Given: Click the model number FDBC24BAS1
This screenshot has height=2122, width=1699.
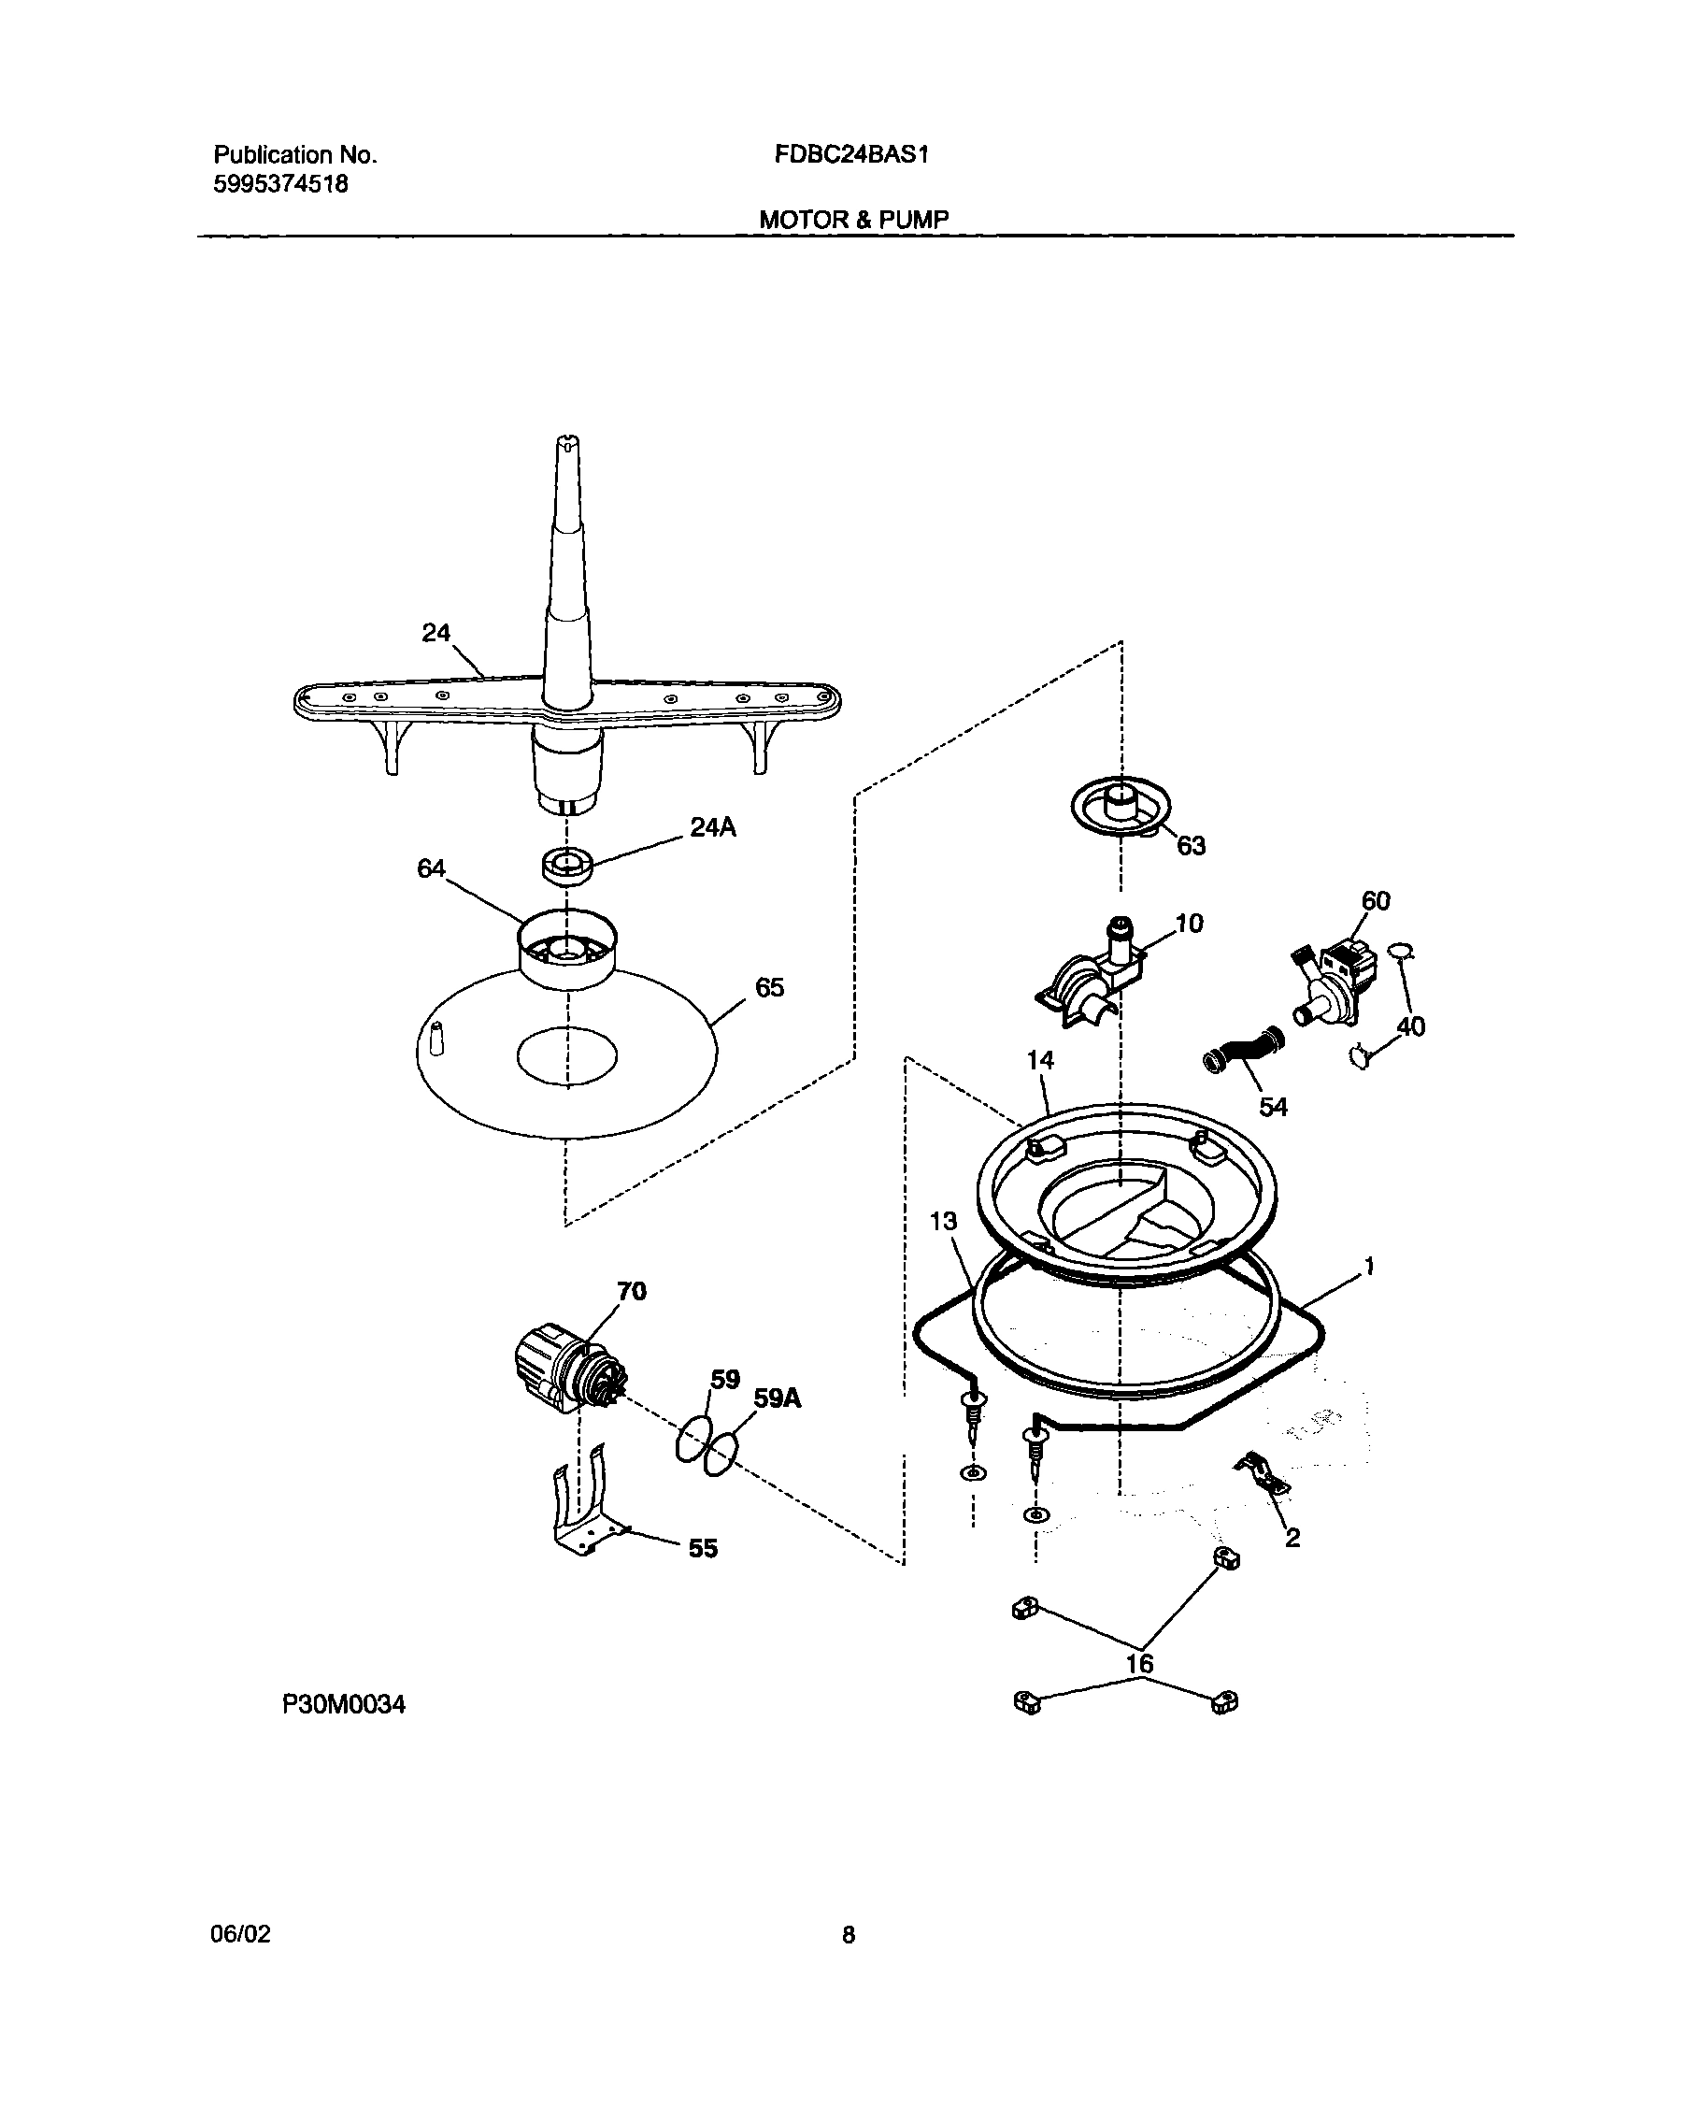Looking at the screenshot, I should tap(851, 154).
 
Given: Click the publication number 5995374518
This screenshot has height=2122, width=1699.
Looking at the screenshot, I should tap(280, 184).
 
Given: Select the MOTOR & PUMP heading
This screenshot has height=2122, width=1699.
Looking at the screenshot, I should tap(853, 220).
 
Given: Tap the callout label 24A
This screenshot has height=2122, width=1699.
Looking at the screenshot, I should tap(712, 827).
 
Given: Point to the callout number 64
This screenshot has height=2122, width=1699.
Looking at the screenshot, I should tap(431, 868).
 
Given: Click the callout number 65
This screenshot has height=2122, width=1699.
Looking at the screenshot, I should tap(769, 987).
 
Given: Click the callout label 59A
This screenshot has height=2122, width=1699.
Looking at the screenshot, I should tap(778, 1398).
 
